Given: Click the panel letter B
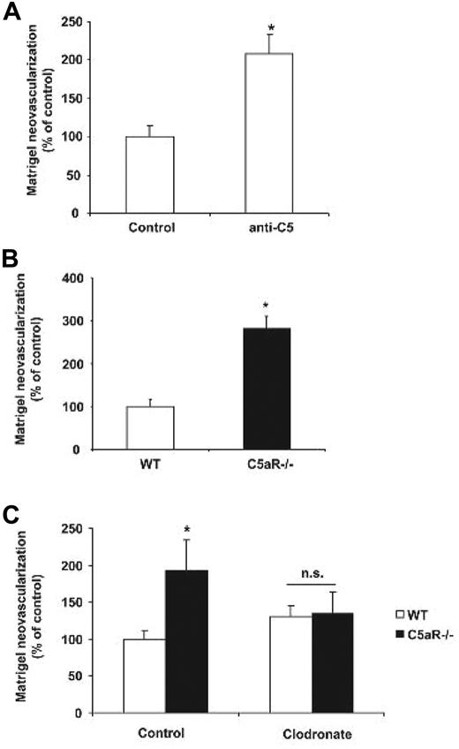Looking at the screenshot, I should [11, 264].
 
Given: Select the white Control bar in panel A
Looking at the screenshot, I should [149, 175].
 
